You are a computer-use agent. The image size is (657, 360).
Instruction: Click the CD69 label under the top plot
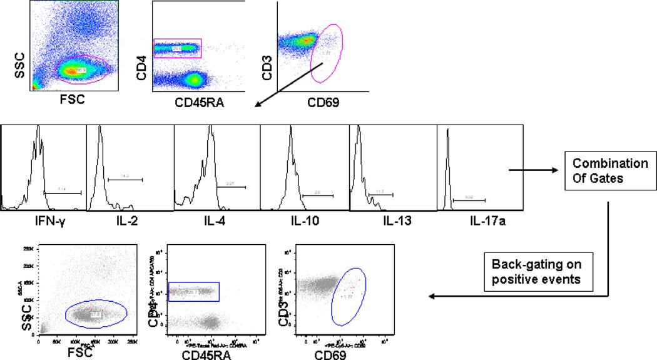[x=320, y=101]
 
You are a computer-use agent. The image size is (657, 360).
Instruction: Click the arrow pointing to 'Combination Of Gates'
[x=532, y=169]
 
